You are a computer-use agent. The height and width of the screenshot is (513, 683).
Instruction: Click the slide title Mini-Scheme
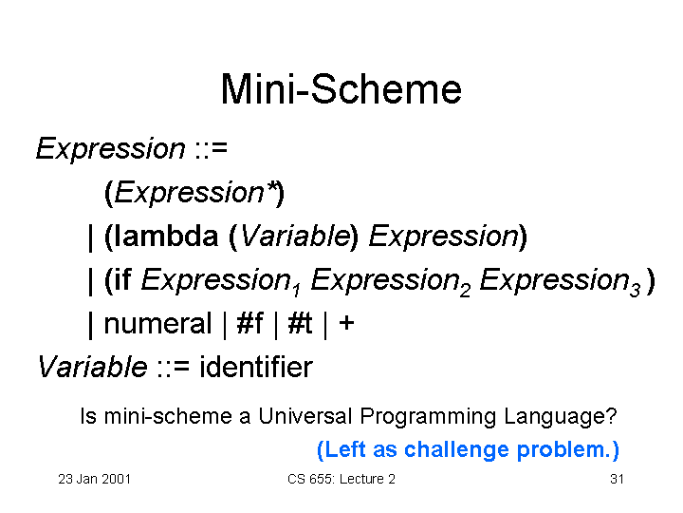click(341, 89)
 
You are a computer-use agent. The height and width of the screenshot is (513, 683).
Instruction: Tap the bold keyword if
click(123, 279)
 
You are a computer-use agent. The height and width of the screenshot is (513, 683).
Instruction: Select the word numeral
click(157, 324)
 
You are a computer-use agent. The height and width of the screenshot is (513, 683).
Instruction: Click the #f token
click(249, 324)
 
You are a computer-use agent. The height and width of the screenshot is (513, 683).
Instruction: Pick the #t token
click(300, 324)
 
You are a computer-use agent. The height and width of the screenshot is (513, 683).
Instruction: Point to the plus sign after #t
click(346, 323)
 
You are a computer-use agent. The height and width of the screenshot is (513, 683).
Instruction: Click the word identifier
click(256, 367)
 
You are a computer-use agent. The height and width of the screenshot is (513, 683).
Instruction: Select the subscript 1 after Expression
click(297, 290)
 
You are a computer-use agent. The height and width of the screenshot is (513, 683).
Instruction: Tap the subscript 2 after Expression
click(465, 290)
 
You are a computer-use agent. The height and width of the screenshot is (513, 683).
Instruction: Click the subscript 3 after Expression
click(635, 290)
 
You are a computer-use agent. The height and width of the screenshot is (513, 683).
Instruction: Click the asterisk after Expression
click(272, 186)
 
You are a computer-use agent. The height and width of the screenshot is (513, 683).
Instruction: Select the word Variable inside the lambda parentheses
click(295, 236)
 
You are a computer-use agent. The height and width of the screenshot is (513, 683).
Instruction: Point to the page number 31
click(617, 479)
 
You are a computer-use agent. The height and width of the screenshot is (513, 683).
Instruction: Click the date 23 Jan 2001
click(95, 479)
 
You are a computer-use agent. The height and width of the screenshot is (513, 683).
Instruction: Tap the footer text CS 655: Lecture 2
click(341, 479)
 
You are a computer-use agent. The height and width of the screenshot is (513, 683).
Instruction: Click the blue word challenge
click(456, 449)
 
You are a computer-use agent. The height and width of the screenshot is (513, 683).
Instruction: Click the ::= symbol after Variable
click(173, 367)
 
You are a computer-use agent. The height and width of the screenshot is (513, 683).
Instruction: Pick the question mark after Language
click(611, 416)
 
